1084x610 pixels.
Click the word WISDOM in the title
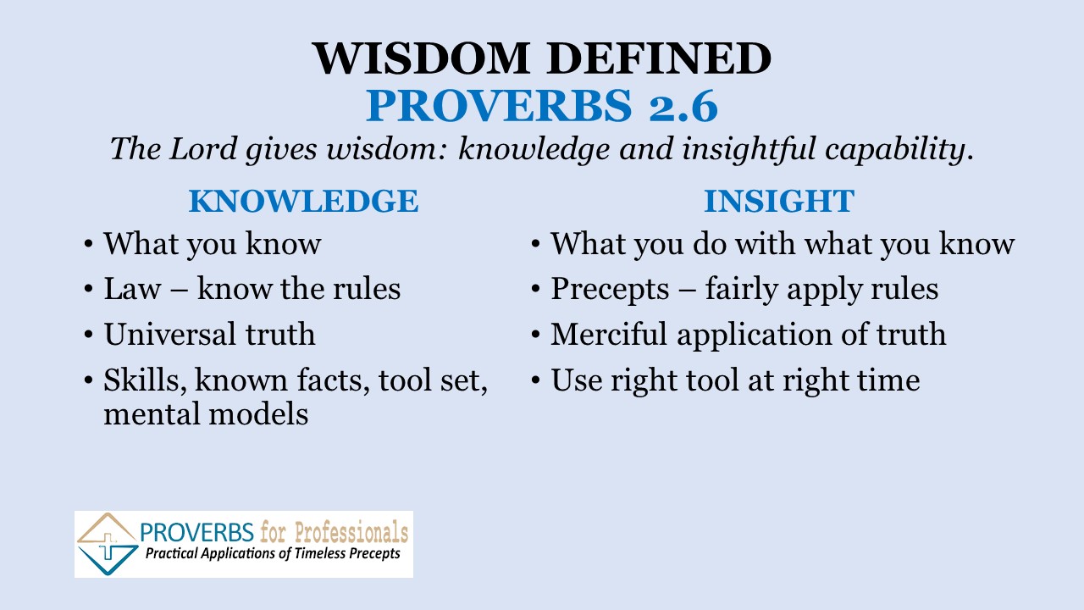[421, 58]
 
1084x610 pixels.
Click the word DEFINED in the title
[659, 58]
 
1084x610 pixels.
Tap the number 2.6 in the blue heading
[683, 105]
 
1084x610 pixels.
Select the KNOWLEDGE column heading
[303, 201]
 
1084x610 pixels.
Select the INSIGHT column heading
[779, 201]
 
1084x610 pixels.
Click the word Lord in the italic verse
[202, 148]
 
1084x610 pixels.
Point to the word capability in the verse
[895, 149]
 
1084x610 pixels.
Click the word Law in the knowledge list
[132, 289]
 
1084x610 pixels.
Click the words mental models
[206, 414]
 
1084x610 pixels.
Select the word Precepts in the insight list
[611, 290]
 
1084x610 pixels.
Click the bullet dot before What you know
[88, 243]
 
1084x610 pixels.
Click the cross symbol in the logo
[108, 547]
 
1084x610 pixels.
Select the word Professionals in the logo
[351, 533]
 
